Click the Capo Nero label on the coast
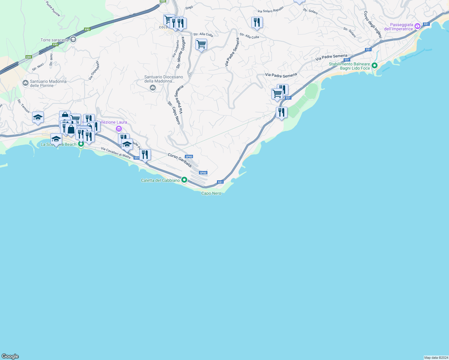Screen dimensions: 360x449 (x=211, y=193)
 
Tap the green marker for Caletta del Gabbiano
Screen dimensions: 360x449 (x=184, y=180)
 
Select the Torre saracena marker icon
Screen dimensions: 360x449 (x=73, y=40)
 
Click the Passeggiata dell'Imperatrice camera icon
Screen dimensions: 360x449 (x=417, y=27)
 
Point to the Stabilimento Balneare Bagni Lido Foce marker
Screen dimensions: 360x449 (x=374, y=65)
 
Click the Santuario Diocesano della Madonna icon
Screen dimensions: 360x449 (x=153, y=88)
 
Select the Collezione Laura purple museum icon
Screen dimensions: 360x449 (x=119, y=129)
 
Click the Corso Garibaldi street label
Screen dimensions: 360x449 (x=180, y=160)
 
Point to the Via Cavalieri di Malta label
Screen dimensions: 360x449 (x=116, y=153)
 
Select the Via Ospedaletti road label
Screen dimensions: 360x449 (x=94, y=70)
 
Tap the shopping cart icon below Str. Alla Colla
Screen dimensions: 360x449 (x=201, y=44)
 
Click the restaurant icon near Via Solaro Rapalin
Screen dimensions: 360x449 (x=257, y=22)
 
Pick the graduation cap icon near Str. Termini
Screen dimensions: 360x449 (x=38, y=117)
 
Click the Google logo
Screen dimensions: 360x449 (x=10, y=356)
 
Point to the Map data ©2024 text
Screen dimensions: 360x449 (x=436, y=358)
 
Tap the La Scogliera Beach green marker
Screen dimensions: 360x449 (x=81, y=144)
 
